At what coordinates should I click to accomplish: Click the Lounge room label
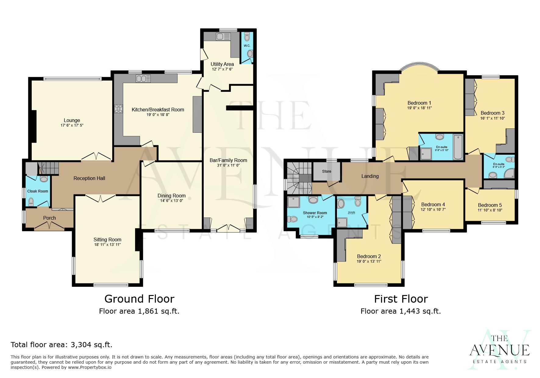click(72, 120)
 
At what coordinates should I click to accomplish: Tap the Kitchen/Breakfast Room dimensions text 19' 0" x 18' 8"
click(158, 115)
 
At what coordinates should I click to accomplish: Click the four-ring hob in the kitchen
click(118, 109)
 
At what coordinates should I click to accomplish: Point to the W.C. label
click(247, 46)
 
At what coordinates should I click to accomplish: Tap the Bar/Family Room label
click(228, 160)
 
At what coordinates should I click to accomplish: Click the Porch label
click(49, 218)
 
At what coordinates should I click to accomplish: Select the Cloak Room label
click(38, 191)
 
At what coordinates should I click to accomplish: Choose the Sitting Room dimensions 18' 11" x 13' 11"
click(107, 245)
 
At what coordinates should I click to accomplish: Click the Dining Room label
click(171, 196)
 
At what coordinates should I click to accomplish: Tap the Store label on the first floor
click(327, 171)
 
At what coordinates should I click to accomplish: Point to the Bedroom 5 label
click(490, 205)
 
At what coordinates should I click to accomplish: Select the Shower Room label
click(315, 213)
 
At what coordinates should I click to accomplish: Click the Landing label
click(370, 176)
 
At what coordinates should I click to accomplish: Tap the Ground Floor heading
click(139, 299)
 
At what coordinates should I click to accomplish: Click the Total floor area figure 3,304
click(81, 345)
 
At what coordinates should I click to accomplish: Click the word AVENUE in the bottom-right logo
click(499, 350)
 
